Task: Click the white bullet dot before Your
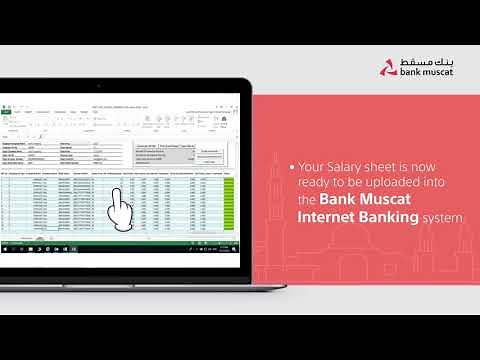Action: coord(292,167)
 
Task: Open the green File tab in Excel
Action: coord(7,111)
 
